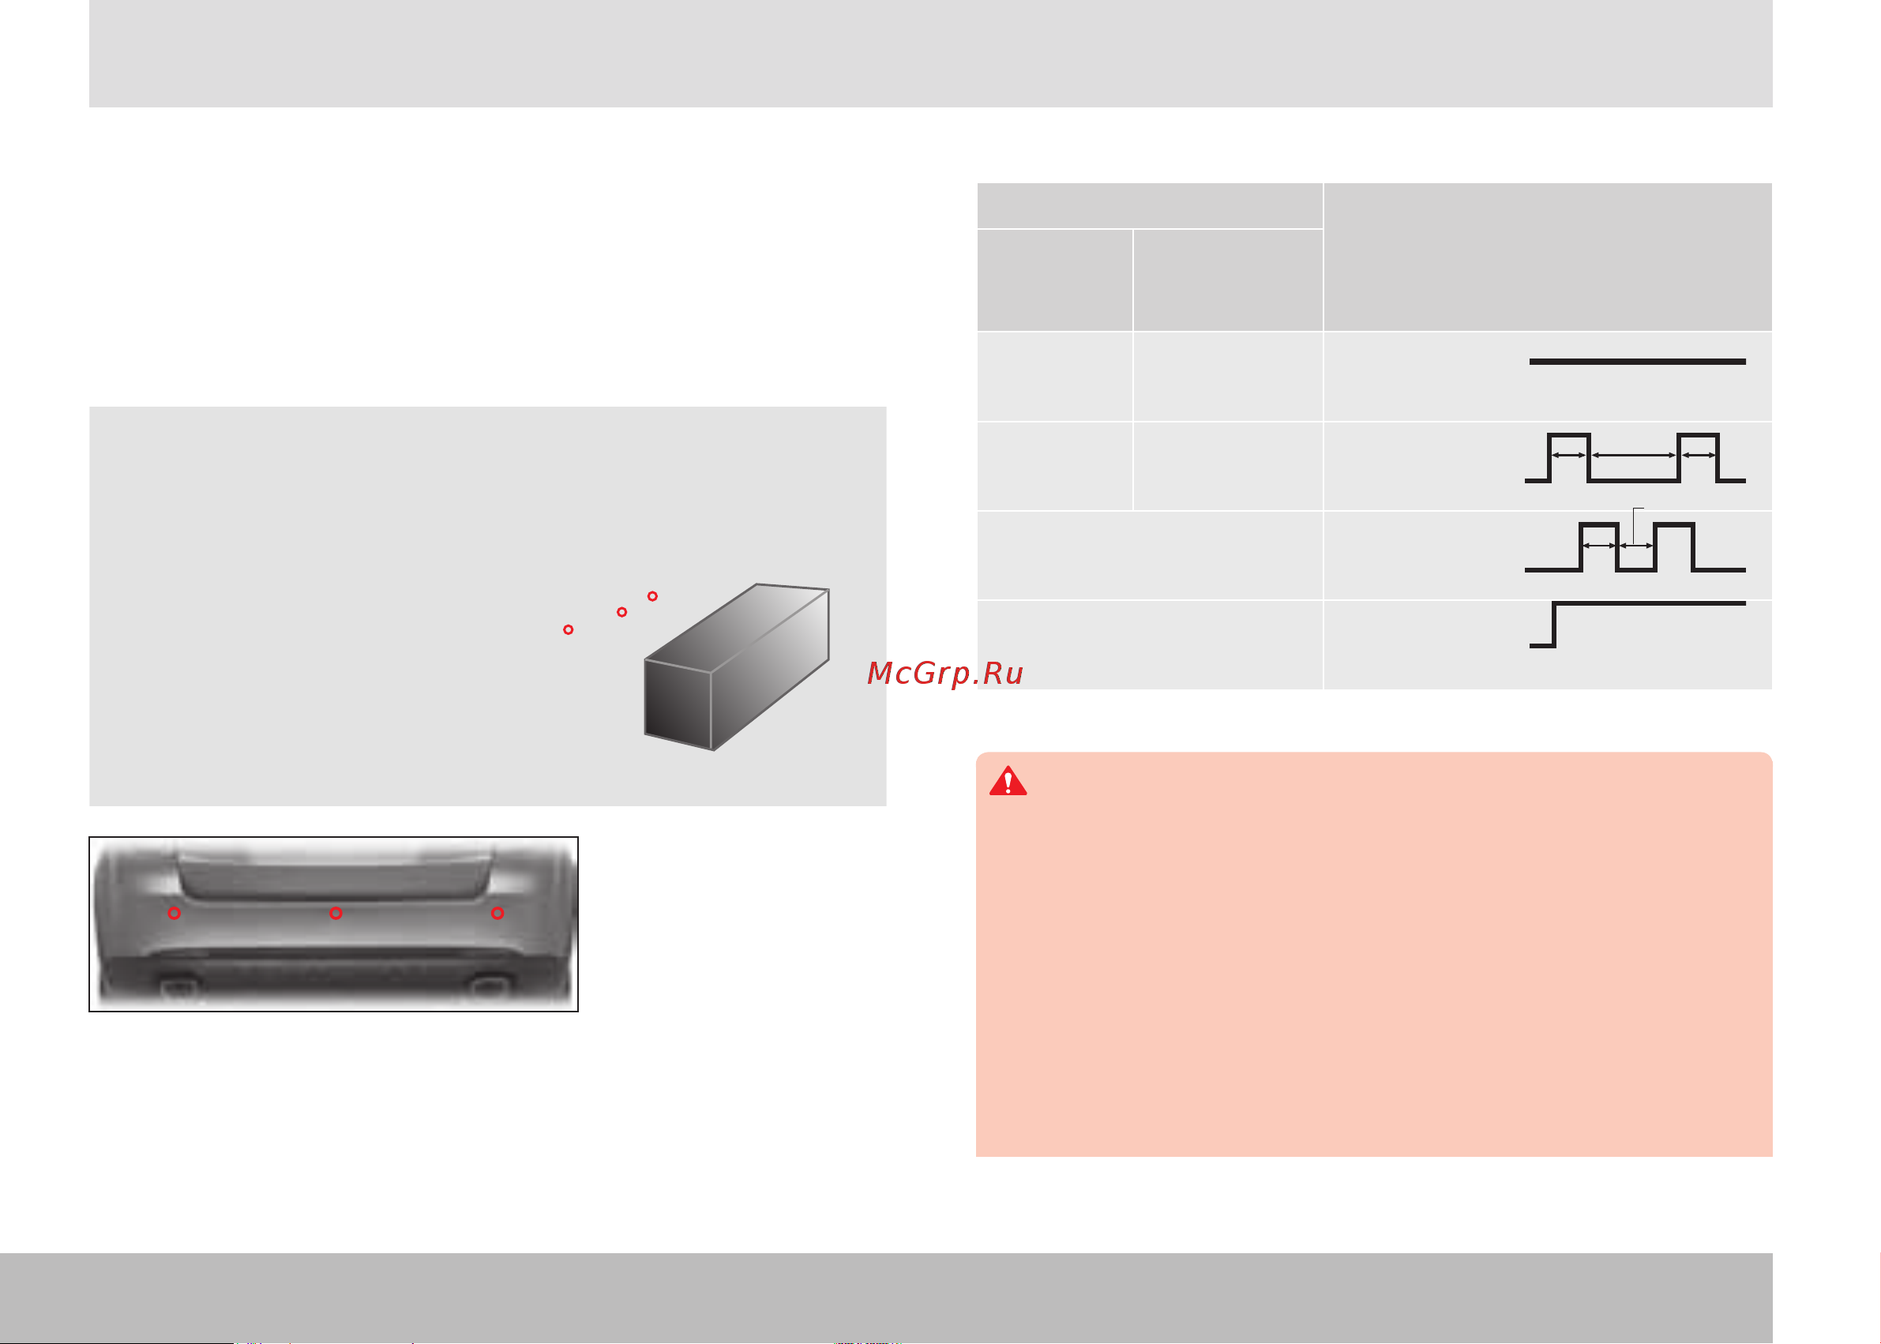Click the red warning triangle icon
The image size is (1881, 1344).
[x=1008, y=781]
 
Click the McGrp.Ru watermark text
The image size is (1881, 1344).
[x=945, y=674]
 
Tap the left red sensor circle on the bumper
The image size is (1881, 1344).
[x=175, y=913]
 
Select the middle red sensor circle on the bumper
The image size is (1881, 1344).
[x=336, y=913]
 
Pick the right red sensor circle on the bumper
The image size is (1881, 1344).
[x=497, y=913]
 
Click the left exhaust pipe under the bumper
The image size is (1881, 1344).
[x=179, y=985]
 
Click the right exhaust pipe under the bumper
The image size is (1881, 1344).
[x=489, y=985]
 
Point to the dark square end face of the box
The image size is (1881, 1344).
[x=678, y=705]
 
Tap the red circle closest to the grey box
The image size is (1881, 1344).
[x=653, y=596]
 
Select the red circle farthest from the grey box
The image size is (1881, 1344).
[x=569, y=630]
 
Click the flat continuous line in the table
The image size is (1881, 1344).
[x=1638, y=362]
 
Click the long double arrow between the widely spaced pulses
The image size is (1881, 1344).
[x=1635, y=455]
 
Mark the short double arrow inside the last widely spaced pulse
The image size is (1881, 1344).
[x=1699, y=455]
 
